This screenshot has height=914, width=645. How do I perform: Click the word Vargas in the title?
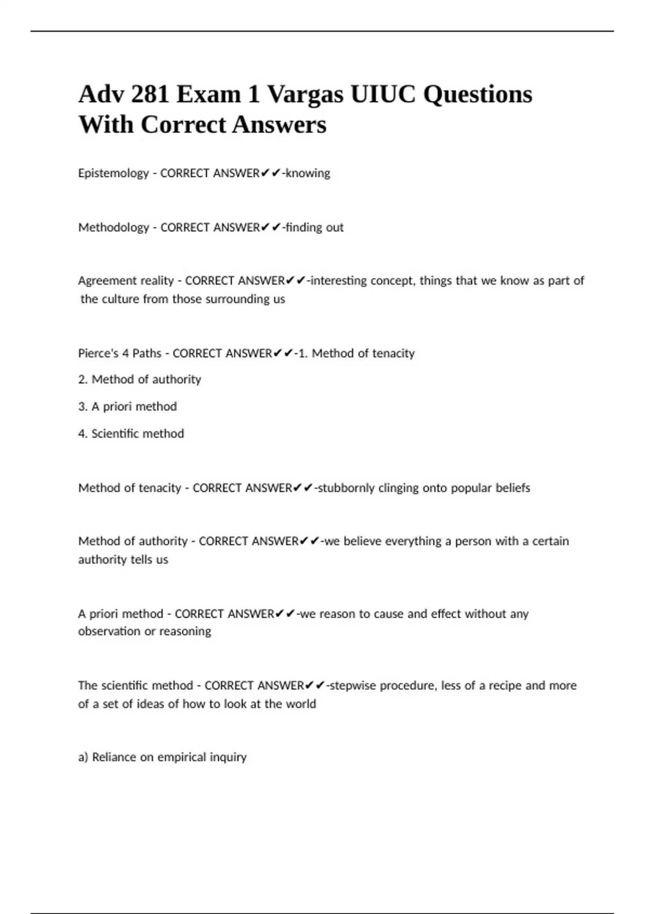(305, 95)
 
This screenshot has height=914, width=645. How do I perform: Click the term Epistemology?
(113, 173)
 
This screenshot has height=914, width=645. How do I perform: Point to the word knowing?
(308, 173)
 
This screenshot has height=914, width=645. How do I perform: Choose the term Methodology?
(113, 227)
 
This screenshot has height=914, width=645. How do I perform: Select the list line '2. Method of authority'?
(140, 380)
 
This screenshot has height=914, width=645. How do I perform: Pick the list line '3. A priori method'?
(127, 406)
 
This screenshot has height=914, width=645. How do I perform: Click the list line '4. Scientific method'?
(131, 433)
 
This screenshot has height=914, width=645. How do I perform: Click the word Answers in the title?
(279, 125)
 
